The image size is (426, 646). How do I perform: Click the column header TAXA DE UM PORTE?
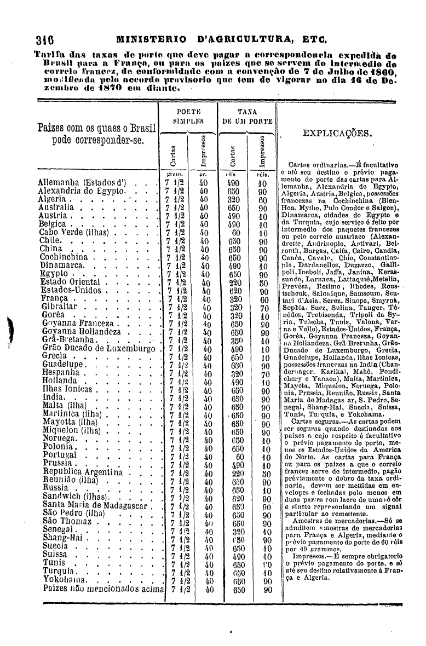[247, 117]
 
